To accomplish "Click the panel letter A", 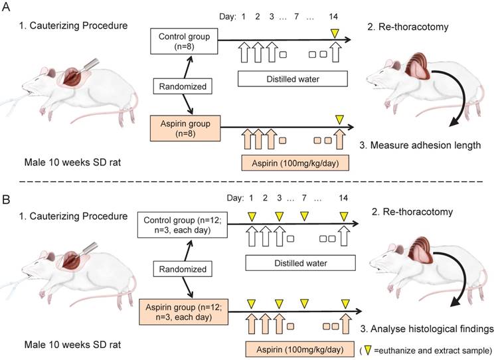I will pos(7,8).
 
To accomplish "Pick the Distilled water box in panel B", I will pos(292,264).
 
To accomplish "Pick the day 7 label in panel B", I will pos(303,199).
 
